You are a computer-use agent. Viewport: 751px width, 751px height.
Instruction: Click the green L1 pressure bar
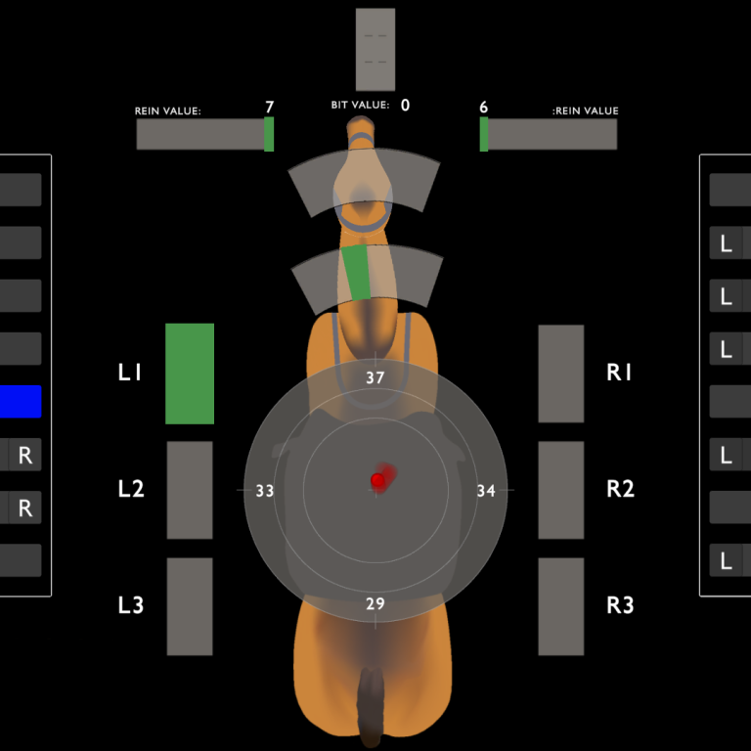pyautogui.click(x=190, y=374)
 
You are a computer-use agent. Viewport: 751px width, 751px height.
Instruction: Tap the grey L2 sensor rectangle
pyautogui.click(x=190, y=490)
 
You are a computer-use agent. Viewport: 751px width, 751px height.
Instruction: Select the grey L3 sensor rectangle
pyautogui.click(x=190, y=606)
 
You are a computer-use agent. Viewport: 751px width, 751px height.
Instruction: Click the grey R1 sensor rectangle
pyautogui.click(x=561, y=374)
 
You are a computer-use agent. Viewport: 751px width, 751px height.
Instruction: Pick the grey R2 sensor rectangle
pyautogui.click(x=561, y=490)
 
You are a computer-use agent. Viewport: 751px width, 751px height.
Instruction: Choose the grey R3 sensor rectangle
pyautogui.click(x=561, y=606)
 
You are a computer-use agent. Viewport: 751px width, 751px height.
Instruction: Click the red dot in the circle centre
pyautogui.click(x=377, y=480)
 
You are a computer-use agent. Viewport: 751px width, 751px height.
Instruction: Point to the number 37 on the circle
pyautogui.click(x=375, y=377)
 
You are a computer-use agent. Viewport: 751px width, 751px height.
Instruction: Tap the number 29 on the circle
pyautogui.click(x=375, y=604)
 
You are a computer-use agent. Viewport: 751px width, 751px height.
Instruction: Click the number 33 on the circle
pyautogui.click(x=265, y=491)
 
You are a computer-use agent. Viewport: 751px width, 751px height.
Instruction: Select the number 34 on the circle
pyautogui.click(x=486, y=491)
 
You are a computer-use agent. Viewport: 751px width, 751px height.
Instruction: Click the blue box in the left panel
pyautogui.click(x=21, y=402)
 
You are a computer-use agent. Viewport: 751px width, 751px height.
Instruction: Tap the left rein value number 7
pyautogui.click(x=269, y=107)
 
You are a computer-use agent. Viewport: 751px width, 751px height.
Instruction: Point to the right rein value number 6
pyautogui.click(x=484, y=107)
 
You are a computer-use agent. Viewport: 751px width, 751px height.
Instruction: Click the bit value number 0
pyautogui.click(x=405, y=105)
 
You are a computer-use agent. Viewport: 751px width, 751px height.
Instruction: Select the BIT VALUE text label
pyautogui.click(x=360, y=105)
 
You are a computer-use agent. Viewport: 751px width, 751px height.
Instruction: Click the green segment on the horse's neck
pyautogui.click(x=358, y=272)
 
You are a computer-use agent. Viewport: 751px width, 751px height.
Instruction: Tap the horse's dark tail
pyautogui.click(x=371, y=706)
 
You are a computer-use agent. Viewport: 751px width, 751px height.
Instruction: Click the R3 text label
pyautogui.click(x=620, y=605)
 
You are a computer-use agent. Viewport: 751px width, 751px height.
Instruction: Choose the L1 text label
pyautogui.click(x=130, y=373)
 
